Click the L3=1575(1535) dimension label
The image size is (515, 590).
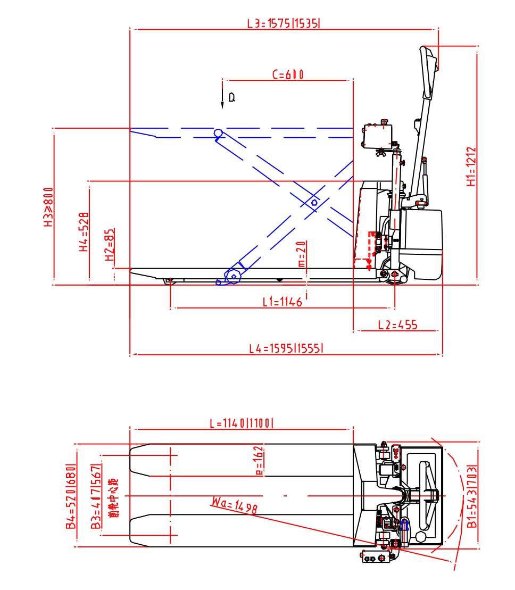click(x=285, y=23)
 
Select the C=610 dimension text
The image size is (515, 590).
click(x=288, y=75)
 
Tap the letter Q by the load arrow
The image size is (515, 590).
click(x=231, y=97)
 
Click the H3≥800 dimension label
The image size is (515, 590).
click(x=48, y=207)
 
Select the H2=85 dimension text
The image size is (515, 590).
click(x=110, y=245)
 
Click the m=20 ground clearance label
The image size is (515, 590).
click(x=301, y=254)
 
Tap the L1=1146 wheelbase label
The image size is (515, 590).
click(x=283, y=302)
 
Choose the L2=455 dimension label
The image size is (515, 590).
click(x=397, y=325)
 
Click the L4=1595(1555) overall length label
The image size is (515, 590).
click(x=287, y=349)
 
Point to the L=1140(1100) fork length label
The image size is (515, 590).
click(x=242, y=423)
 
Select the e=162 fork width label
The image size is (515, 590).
click(x=259, y=460)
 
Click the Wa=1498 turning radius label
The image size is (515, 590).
click(x=234, y=505)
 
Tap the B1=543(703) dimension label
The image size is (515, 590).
click(x=471, y=496)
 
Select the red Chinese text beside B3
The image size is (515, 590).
click(x=113, y=497)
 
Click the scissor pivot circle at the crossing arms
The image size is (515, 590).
click(x=314, y=203)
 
